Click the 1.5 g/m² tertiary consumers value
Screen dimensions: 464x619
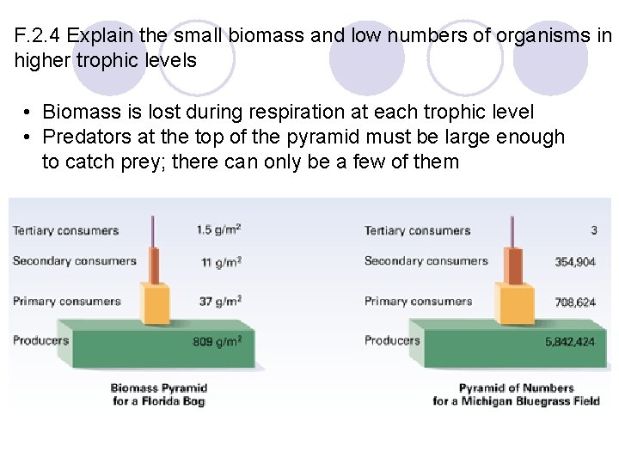(x=218, y=229)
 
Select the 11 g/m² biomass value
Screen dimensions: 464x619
(x=221, y=262)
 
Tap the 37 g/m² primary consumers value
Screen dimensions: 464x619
(x=220, y=301)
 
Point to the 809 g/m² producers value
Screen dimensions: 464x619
(x=217, y=341)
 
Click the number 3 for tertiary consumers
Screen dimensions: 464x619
(x=593, y=230)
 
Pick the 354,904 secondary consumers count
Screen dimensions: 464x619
(x=575, y=262)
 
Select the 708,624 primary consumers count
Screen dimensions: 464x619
(x=575, y=302)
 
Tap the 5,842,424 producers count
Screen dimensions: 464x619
(x=569, y=342)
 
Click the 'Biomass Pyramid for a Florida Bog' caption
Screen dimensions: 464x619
(x=158, y=394)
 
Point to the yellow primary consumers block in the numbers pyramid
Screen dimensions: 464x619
(x=511, y=302)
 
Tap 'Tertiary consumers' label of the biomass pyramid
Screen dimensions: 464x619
(x=65, y=230)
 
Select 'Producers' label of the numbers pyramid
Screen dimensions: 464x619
(x=392, y=340)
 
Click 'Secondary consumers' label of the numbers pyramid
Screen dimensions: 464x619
(x=426, y=261)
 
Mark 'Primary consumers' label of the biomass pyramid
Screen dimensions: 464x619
(x=66, y=301)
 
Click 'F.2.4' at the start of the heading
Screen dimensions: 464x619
(x=38, y=37)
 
